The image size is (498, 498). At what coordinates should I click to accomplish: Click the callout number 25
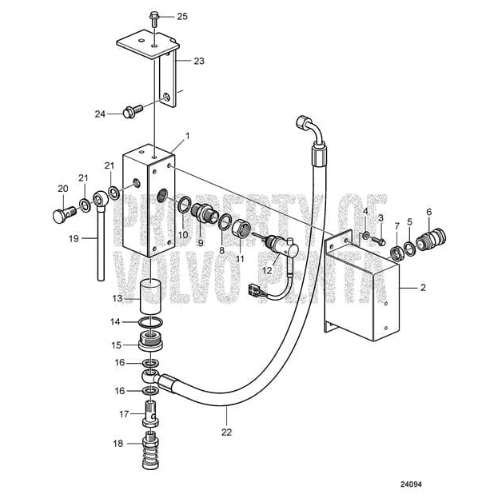click(182, 16)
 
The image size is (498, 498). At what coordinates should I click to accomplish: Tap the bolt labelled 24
click(133, 114)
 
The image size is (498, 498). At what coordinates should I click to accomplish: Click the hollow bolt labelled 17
click(151, 416)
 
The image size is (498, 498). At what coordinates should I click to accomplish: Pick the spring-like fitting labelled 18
click(151, 445)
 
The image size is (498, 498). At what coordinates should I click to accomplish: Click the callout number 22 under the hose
click(226, 432)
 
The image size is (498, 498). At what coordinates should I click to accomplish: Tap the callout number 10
click(183, 235)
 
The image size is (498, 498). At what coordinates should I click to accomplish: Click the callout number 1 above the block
click(187, 136)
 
